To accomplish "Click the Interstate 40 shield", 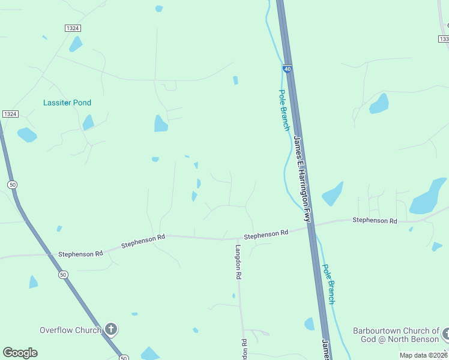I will click(x=288, y=70).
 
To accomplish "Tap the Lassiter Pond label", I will click(x=67, y=103).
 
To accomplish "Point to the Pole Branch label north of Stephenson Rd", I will click(x=284, y=110).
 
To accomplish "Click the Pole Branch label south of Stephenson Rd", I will click(x=328, y=284).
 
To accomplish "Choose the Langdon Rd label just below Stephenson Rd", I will click(x=238, y=262).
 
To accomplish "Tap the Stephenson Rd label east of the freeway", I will click(x=375, y=221).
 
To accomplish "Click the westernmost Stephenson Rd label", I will click(x=80, y=254).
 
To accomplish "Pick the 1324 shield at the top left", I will click(x=72, y=28).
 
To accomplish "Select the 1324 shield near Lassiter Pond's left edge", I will click(x=10, y=114).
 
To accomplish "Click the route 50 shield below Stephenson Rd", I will click(x=64, y=275).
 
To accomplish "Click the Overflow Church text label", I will click(x=70, y=330).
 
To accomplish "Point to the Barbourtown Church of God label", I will click(x=396, y=335).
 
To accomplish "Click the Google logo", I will click(x=20, y=352).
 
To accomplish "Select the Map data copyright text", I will click(x=423, y=355).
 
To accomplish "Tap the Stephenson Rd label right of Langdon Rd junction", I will click(x=266, y=234).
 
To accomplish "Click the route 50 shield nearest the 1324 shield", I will click(x=11, y=184).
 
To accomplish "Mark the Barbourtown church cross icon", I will click(x=445, y=334).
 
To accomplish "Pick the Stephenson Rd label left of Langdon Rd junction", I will click(x=143, y=241).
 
